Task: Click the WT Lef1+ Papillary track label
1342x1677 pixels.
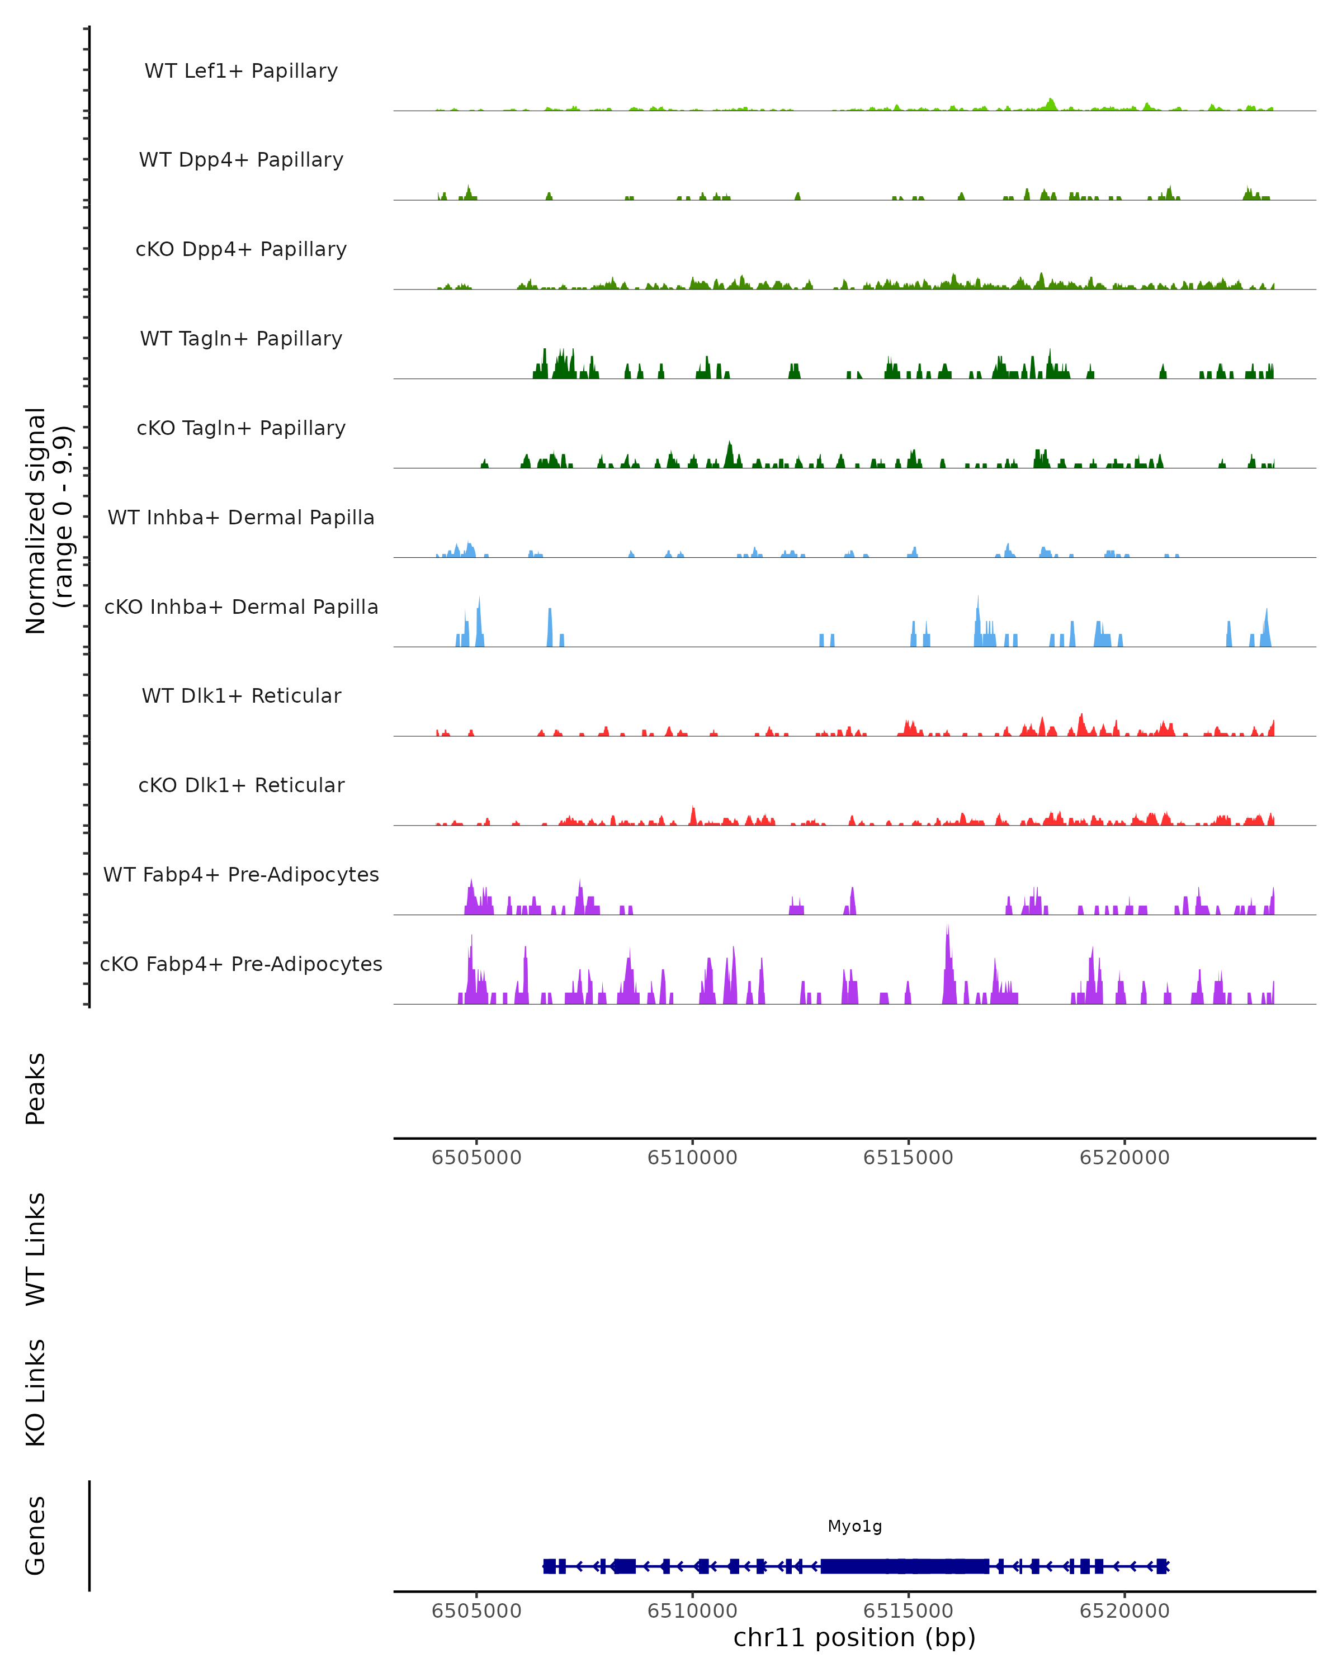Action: tap(241, 71)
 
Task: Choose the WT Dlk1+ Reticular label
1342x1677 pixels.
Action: tap(241, 695)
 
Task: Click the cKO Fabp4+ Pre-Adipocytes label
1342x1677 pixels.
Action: tap(241, 964)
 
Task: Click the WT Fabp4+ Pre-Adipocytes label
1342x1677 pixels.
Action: tap(241, 874)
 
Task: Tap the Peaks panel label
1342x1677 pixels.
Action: tap(36, 1088)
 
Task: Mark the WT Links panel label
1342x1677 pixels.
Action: tap(36, 1248)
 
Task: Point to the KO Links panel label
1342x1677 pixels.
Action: tap(36, 1392)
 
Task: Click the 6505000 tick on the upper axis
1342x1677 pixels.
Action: tap(476, 1158)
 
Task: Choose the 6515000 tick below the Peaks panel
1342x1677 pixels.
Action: tap(908, 1158)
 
